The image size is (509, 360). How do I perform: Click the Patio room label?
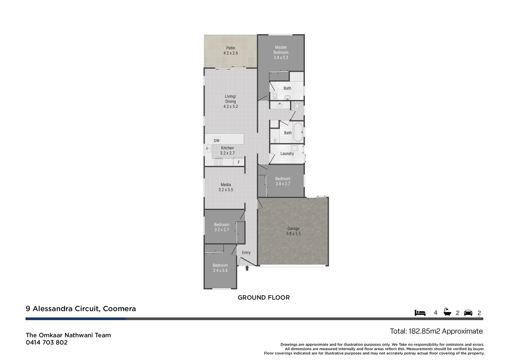(231, 48)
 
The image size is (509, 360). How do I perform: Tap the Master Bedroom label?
(281, 50)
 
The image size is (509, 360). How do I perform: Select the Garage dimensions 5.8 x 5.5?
(293, 234)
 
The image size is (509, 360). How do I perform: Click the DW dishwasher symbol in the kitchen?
(217, 141)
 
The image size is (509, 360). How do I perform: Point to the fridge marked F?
(239, 163)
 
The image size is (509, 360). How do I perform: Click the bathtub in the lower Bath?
(298, 132)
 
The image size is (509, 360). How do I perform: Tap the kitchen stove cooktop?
(219, 162)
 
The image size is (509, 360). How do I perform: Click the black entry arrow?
(247, 268)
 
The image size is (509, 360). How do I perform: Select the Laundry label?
(287, 154)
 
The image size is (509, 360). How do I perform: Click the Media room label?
(226, 185)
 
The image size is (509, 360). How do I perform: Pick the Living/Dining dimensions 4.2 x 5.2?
(231, 107)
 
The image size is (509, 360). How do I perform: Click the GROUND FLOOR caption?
(263, 298)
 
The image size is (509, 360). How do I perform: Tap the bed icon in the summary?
(420, 313)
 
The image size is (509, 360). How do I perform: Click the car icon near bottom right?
(468, 313)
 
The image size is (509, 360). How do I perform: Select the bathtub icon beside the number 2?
(447, 312)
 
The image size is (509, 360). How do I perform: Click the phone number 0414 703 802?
(47, 342)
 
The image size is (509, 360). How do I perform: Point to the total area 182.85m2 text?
(436, 331)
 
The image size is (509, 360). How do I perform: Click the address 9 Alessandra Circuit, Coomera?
(81, 309)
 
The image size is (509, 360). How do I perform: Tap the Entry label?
(246, 253)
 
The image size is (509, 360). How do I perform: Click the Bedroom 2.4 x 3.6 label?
(220, 268)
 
